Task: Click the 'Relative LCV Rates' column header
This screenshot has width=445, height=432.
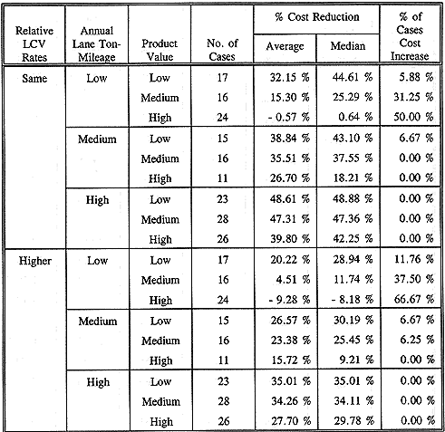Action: pos(34,44)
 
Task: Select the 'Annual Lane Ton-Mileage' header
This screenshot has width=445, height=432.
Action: pos(97,44)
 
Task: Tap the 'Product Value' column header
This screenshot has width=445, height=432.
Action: pos(160,50)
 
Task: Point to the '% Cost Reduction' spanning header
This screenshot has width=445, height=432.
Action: pos(317,17)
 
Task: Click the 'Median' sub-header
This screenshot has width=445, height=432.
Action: pos(348,46)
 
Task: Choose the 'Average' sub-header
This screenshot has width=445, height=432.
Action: pos(285,46)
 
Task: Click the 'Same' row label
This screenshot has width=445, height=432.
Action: pos(34,79)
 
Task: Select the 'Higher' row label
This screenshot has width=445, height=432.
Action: pos(35,261)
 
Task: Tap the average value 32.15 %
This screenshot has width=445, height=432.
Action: pos(289,78)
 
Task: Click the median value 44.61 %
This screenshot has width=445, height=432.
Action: pos(353,78)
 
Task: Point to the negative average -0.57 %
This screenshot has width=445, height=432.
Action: pos(289,117)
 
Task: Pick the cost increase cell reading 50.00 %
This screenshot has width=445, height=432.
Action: pos(413,117)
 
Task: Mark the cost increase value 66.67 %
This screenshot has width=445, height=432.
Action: pos(414,299)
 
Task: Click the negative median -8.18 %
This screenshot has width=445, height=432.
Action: pos(352,300)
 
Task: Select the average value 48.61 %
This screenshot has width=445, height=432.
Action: pos(290,199)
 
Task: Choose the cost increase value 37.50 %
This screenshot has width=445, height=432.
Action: pos(414,279)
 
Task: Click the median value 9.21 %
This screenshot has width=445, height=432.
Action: pos(356,360)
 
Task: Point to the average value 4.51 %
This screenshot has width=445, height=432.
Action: pos(293,280)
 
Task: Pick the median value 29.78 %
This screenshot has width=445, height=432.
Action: pos(354,420)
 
